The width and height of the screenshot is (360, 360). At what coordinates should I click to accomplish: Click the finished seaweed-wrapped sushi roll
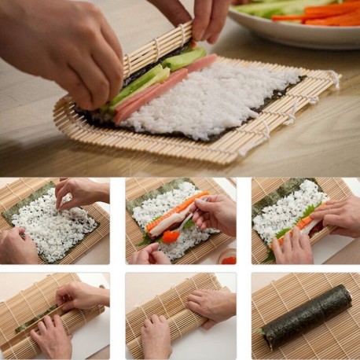(307, 316)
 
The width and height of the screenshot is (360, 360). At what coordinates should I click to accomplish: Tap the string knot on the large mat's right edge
(334, 78)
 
